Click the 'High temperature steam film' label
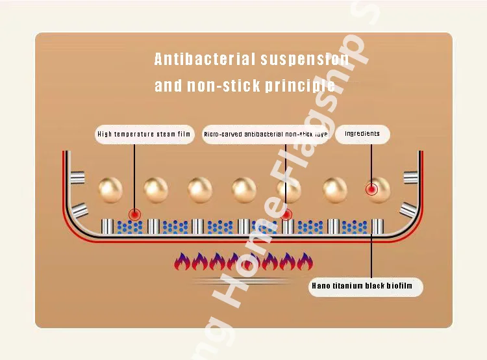point(145,135)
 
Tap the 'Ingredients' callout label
point(362,134)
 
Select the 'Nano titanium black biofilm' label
point(366,286)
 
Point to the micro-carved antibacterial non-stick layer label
point(266,135)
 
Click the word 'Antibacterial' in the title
point(205,60)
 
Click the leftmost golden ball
point(110,189)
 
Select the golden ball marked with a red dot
point(377,189)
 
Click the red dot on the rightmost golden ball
point(371,190)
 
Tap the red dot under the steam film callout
point(134,214)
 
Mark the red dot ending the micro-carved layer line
point(286,214)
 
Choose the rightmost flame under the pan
point(306,262)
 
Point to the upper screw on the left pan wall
point(78,176)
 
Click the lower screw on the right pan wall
point(408,210)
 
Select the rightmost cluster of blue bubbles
point(355,226)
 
